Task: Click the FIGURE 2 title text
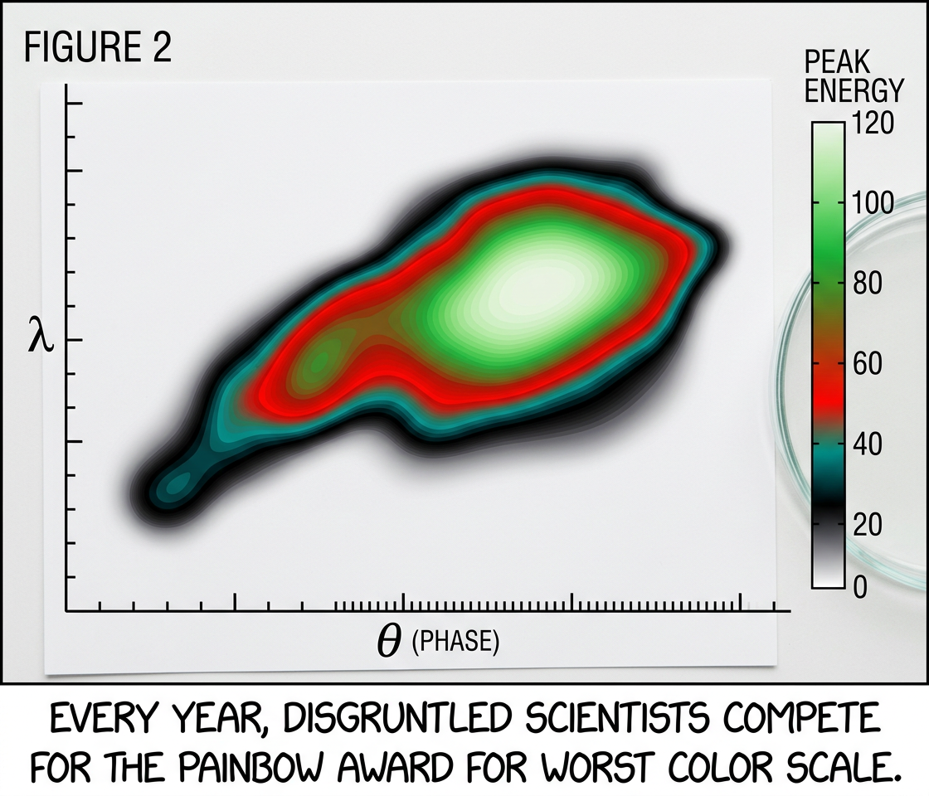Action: click(x=98, y=49)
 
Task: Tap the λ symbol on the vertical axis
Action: click(x=40, y=340)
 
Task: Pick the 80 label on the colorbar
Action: click(x=867, y=284)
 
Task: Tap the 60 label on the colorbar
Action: click(x=867, y=364)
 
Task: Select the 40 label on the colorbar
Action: click(x=867, y=444)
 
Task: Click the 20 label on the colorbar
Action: click(x=867, y=525)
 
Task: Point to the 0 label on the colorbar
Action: click(x=860, y=587)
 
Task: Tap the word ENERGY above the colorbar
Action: click(x=854, y=90)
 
